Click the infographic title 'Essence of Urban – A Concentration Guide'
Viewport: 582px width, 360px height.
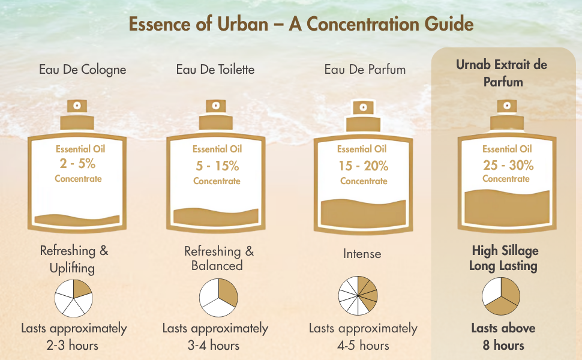click(x=301, y=24)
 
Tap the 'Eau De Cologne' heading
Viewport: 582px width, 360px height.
click(x=82, y=70)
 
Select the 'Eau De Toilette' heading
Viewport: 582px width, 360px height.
click(x=215, y=70)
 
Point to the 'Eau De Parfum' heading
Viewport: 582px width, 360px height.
click(x=365, y=70)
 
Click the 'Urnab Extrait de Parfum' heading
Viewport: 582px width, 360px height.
click(x=502, y=73)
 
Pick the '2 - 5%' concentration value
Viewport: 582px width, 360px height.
click(x=77, y=163)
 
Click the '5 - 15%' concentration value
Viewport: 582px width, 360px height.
click(x=218, y=166)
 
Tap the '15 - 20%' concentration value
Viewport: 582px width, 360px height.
click(x=364, y=166)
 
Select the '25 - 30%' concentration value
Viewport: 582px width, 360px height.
click(x=508, y=165)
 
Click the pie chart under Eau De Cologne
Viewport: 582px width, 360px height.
click(x=73, y=298)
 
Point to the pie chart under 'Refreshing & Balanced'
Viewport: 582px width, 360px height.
click(x=218, y=298)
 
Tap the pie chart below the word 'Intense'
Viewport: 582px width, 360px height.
click(x=358, y=295)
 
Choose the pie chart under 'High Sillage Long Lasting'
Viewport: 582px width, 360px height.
click(x=501, y=296)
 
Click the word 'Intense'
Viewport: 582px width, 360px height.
click(x=362, y=254)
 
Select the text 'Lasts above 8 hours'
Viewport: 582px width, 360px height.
click(x=503, y=337)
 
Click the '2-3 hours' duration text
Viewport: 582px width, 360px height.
click(x=73, y=346)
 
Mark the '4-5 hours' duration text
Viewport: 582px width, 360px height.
click(x=364, y=346)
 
